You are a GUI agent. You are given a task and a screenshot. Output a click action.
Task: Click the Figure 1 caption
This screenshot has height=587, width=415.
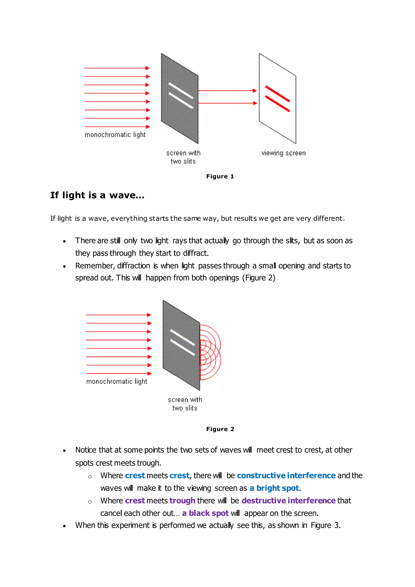click(x=220, y=176)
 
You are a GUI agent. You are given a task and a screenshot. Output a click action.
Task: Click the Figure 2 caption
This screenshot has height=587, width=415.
click(x=220, y=429)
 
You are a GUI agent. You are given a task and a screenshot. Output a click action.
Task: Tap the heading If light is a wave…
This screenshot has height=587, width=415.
click(x=97, y=195)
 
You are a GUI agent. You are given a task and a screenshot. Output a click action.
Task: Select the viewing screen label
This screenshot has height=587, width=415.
click(x=283, y=153)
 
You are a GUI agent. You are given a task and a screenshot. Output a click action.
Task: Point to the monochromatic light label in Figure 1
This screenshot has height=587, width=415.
click(x=115, y=135)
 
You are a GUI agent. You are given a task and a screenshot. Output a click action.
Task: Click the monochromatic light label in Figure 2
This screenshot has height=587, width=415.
click(x=117, y=381)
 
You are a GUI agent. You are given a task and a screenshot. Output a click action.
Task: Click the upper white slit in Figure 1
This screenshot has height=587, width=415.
click(x=181, y=91)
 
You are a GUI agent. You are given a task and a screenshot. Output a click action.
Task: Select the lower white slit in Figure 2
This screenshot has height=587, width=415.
click(x=182, y=347)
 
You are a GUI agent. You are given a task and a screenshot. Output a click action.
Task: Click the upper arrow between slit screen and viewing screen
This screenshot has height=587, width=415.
click(x=227, y=91)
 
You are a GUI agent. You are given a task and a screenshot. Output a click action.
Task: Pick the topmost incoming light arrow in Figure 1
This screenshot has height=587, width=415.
click(x=117, y=68)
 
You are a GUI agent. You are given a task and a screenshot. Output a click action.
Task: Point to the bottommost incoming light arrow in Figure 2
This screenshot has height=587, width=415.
click(x=119, y=374)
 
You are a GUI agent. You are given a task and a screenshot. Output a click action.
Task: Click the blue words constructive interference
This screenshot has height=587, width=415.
click(x=286, y=476)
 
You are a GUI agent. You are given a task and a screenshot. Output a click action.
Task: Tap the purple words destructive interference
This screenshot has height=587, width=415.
click(x=289, y=501)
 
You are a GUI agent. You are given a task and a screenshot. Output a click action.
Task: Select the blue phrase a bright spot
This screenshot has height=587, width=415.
click(x=274, y=488)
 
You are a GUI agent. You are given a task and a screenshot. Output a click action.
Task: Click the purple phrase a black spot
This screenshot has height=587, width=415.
click(x=205, y=513)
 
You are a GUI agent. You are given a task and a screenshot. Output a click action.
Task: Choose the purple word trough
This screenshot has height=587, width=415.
click(x=182, y=501)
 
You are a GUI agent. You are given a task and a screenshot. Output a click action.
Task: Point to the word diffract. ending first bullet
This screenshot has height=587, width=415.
click(x=196, y=253)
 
